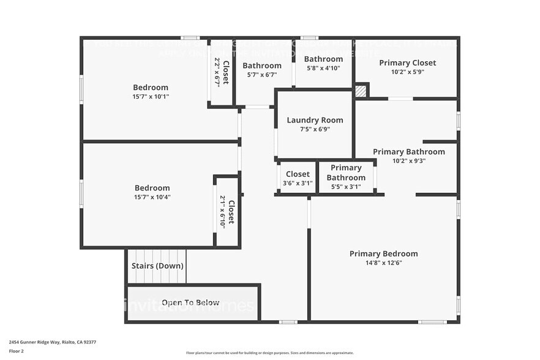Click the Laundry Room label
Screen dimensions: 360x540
(315, 120)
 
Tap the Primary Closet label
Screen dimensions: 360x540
(407, 62)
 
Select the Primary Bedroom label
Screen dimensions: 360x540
(383, 253)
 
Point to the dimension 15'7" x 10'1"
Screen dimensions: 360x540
(151, 97)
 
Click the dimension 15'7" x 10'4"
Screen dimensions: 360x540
(152, 197)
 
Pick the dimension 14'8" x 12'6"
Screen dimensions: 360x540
(384, 263)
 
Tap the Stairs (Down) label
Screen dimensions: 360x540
(157, 266)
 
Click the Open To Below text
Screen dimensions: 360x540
(190, 302)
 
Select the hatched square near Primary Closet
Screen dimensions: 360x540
(361, 91)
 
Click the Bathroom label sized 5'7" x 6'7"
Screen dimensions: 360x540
(261, 66)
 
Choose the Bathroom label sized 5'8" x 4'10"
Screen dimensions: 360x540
(323, 59)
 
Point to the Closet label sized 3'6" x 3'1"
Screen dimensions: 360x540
(298, 174)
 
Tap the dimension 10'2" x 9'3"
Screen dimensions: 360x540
(409, 161)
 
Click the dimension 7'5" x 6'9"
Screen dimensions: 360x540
(315, 129)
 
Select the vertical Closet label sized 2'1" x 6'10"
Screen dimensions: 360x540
(231, 211)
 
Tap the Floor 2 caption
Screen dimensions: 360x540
(16, 351)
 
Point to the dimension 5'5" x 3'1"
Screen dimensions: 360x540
(346, 187)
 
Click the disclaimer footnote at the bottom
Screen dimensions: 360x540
(269, 353)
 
